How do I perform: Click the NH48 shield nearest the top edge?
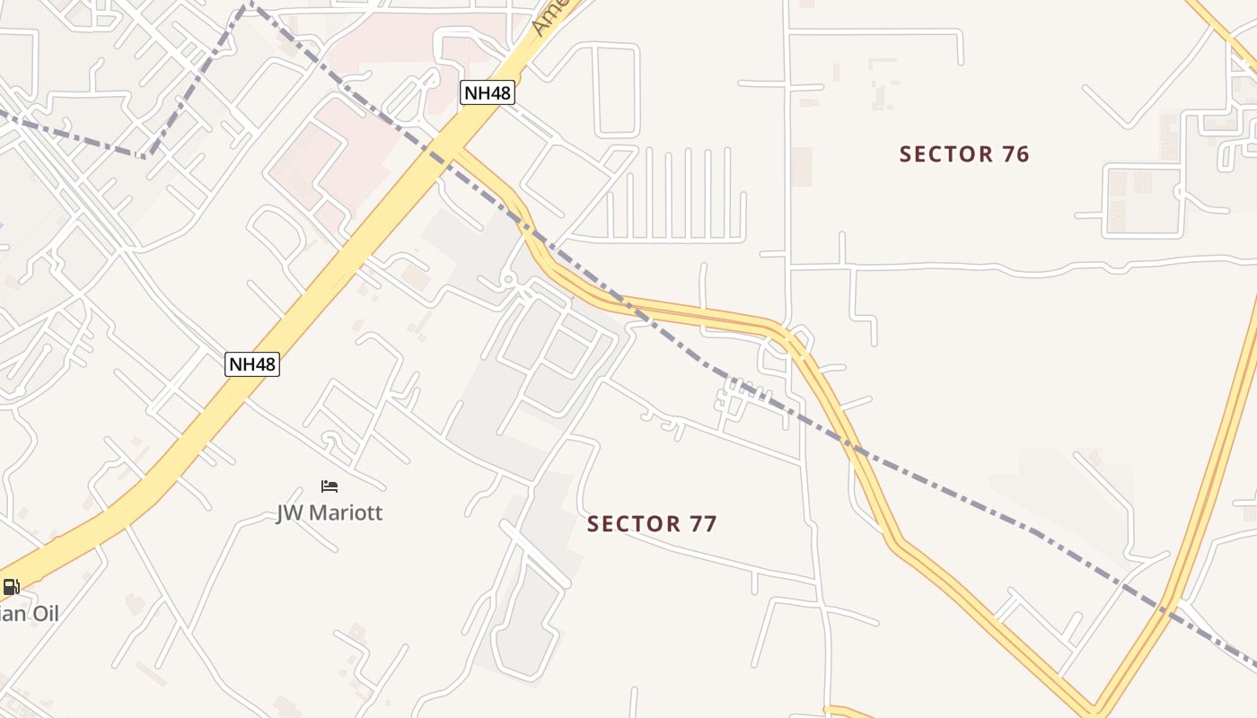488,92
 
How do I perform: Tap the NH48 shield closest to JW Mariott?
252,364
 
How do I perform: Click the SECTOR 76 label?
964,154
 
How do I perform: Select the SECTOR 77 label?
652,524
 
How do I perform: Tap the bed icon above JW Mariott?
330,486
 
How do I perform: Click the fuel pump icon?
11,588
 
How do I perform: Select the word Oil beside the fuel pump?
42,614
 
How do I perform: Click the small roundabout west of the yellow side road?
508,280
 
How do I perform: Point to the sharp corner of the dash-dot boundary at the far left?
144,156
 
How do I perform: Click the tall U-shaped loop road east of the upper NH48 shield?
617,90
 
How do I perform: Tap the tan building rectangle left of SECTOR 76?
802,167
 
